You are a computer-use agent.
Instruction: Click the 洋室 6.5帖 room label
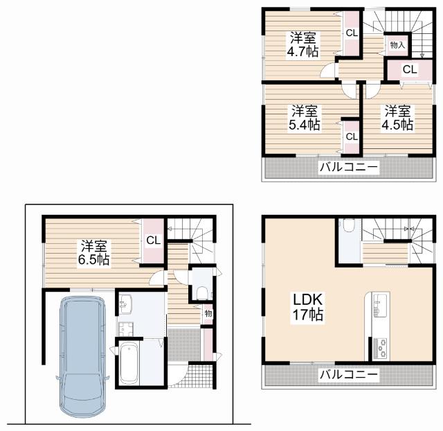[94, 253]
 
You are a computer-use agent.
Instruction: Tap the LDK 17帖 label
[307, 307]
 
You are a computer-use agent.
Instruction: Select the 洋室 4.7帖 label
[303, 44]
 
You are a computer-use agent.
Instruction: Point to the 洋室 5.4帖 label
[305, 118]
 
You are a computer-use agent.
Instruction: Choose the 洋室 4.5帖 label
[397, 118]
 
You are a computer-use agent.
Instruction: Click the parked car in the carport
[82, 356]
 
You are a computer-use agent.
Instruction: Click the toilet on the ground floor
[202, 293]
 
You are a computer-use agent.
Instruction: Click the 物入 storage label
[397, 45]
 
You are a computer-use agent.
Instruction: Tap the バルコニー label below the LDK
[349, 374]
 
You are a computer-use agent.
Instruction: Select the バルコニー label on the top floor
[349, 167]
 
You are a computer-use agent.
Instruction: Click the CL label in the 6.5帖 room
[153, 240]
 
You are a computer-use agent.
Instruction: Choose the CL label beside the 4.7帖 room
[352, 33]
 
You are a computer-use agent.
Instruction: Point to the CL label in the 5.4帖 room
[352, 137]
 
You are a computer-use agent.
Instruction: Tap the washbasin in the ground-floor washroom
[125, 304]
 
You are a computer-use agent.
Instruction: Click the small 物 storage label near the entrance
[208, 313]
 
